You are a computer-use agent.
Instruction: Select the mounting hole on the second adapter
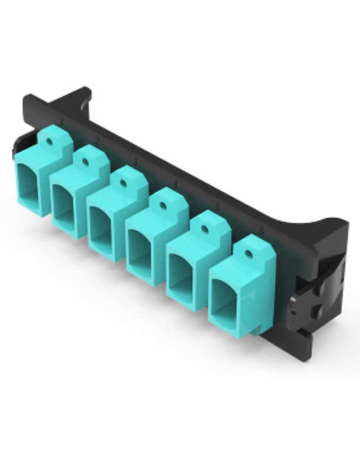pyautogui.click(x=87, y=156)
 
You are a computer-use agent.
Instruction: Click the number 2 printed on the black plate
pyautogui.click(x=96, y=139)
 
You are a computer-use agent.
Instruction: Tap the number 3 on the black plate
pyautogui.click(x=134, y=161)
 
